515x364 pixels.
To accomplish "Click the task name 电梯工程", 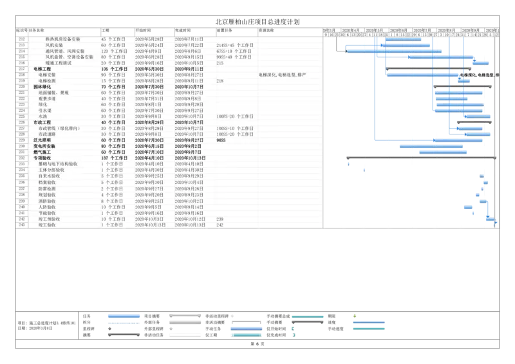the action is [42, 69].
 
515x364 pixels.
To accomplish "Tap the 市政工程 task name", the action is [42, 122].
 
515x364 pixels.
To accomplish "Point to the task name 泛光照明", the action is [42, 140].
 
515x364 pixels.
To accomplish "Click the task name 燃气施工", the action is [42, 152].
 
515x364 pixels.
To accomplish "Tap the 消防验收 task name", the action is [48, 201].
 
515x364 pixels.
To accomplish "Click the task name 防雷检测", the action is [48, 188].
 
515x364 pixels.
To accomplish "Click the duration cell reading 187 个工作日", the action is [114, 158].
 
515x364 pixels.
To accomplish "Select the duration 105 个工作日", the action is [114, 69].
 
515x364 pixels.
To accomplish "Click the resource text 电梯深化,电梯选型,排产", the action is [282, 75].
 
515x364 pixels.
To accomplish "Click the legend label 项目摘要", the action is [152, 316].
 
